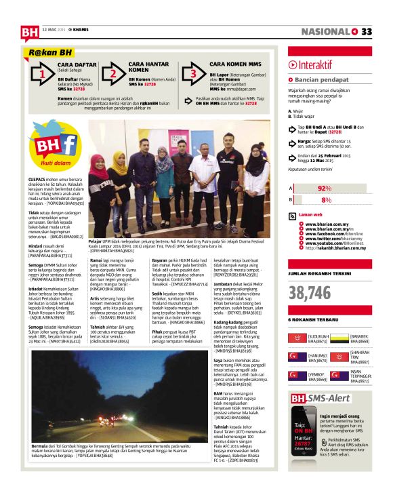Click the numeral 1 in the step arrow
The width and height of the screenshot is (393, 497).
42,74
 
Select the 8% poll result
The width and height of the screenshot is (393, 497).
327,200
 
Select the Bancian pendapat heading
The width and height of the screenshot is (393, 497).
320,80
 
